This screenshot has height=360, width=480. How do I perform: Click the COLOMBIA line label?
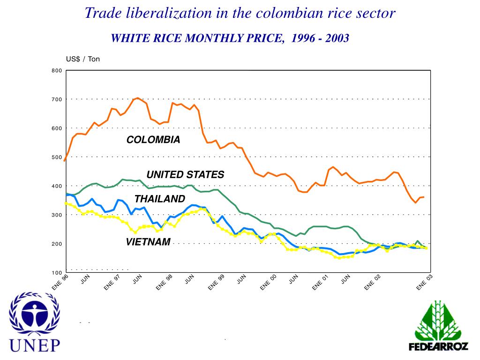153,140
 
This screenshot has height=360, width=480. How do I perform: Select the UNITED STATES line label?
185,175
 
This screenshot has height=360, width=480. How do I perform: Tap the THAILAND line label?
160,199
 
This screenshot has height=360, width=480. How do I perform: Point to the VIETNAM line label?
148,242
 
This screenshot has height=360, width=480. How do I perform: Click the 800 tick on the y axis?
56,71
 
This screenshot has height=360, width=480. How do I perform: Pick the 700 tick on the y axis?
56,99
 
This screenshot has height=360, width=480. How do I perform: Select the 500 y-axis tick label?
56,157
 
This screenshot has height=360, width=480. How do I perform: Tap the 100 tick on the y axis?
56,273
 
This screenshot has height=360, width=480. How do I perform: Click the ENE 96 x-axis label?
60,283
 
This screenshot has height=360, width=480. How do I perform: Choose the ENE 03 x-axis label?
425,283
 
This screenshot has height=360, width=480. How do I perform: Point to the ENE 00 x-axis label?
269,283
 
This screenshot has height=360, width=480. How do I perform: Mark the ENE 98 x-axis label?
165,283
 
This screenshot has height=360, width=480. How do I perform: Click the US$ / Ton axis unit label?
83,59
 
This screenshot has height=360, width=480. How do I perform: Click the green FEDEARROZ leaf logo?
438,321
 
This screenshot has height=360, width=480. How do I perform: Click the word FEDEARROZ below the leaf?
438,347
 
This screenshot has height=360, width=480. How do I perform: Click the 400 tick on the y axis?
56,186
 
